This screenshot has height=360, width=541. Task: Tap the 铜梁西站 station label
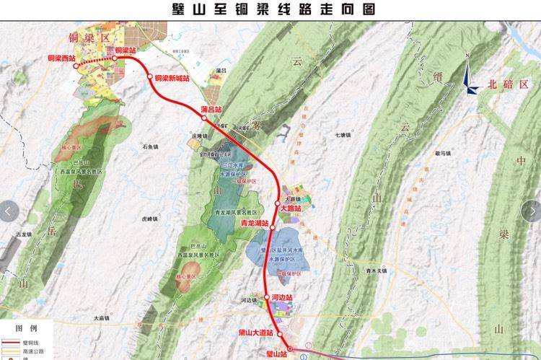point(61,58)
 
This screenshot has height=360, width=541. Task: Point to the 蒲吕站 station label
point(212,109)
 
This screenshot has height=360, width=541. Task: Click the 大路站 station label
point(289,208)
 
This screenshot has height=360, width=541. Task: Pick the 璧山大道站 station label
point(255,333)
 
